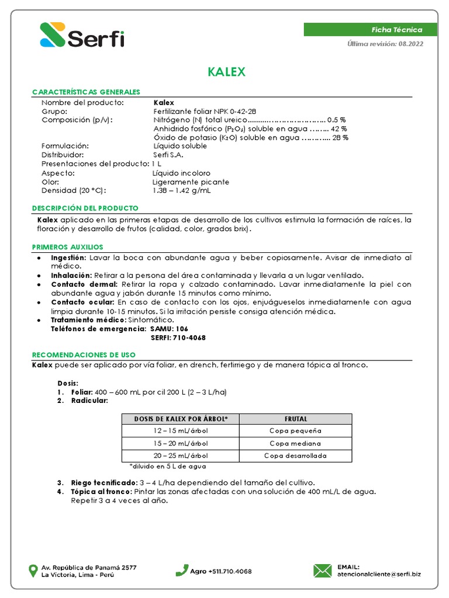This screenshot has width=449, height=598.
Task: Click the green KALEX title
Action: (226, 72)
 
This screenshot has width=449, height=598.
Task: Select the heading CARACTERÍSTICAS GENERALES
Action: (86, 92)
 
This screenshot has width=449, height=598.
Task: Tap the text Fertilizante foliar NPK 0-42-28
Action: (205, 111)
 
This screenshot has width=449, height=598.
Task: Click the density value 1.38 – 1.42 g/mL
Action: (182, 190)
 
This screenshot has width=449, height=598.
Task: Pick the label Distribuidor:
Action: (63, 155)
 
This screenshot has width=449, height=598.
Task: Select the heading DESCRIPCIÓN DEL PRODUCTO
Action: (85, 208)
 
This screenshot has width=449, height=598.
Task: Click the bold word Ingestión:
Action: (68, 258)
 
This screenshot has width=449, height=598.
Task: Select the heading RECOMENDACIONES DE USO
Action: (84, 354)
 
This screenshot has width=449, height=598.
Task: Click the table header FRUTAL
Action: (296, 419)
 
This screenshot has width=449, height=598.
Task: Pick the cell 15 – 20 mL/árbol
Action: (181, 443)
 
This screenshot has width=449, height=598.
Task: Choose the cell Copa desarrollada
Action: (295, 456)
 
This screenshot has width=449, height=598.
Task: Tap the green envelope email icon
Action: (323, 570)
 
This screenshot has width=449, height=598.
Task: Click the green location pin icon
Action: (34, 571)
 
